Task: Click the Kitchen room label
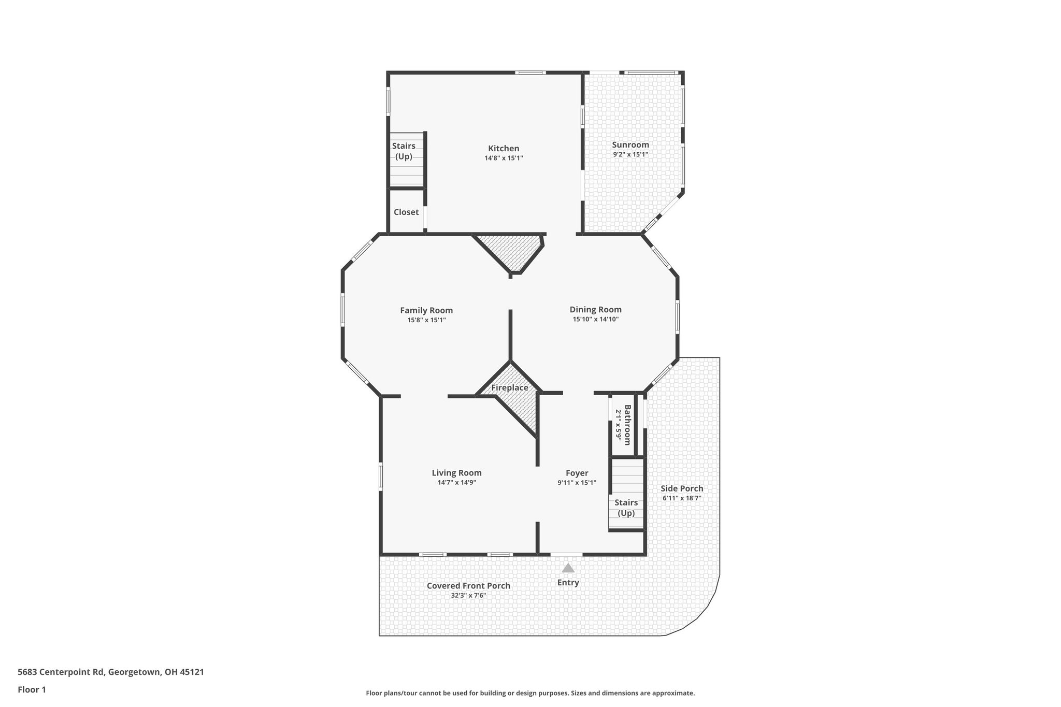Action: click(x=503, y=149)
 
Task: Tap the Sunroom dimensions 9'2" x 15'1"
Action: click(x=630, y=154)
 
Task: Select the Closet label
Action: click(x=406, y=212)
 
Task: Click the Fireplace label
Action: click(x=510, y=388)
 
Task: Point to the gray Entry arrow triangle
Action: click(x=568, y=568)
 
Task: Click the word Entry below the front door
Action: click(x=568, y=583)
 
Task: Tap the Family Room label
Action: click(x=426, y=311)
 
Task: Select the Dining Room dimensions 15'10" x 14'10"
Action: click(x=595, y=320)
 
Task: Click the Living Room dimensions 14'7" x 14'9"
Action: click(x=456, y=483)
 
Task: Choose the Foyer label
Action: click(x=577, y=473)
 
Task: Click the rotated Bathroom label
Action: click(x=627, y=425)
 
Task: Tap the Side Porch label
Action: click(x=682, y=488)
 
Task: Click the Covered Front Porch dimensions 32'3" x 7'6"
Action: click(x=468, y=596)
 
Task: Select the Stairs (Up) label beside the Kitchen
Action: click(x=404, y=151)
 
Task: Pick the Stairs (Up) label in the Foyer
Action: click(x=626, y=508)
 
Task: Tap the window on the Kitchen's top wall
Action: click(x=530, y=73)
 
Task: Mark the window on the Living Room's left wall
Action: click(x=381, y=476)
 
